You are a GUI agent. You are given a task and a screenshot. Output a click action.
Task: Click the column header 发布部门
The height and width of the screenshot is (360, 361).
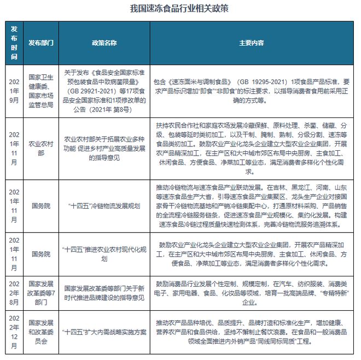[41, 43]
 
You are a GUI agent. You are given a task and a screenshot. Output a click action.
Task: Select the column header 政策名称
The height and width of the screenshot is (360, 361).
[104, 43]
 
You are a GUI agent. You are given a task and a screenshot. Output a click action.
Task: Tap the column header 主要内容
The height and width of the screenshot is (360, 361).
[252, 43]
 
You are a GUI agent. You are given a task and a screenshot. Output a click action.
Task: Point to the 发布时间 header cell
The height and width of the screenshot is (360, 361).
[14, 43]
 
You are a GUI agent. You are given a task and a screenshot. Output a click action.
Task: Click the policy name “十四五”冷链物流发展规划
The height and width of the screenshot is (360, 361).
[104, 206]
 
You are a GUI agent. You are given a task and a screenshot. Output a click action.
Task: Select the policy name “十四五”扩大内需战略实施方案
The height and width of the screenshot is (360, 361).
[104, 331]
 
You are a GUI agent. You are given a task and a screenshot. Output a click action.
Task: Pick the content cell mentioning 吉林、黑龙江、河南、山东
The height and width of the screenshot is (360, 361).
[252, 206]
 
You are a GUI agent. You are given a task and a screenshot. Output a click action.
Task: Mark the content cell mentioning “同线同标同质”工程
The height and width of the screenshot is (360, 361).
[252, 331]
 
